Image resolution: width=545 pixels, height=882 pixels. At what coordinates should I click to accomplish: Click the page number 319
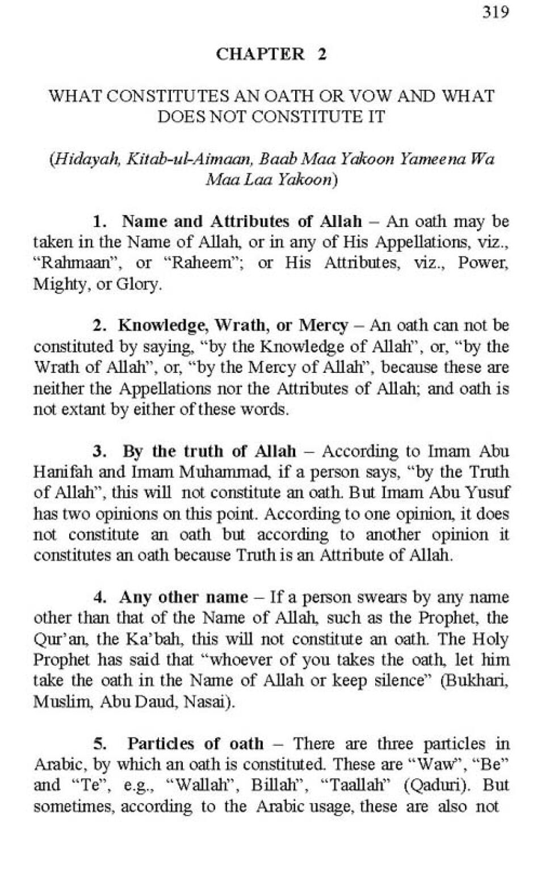tap(496, 12)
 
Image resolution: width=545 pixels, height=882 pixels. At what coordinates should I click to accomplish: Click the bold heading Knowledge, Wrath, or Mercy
tap(233, 325)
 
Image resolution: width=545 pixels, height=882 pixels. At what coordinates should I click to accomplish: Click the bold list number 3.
tap(100, 451)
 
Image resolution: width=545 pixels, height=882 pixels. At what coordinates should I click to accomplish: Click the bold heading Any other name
tap(183, 597)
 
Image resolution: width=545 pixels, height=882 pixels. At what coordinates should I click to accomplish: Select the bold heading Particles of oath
tap(195, 744)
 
